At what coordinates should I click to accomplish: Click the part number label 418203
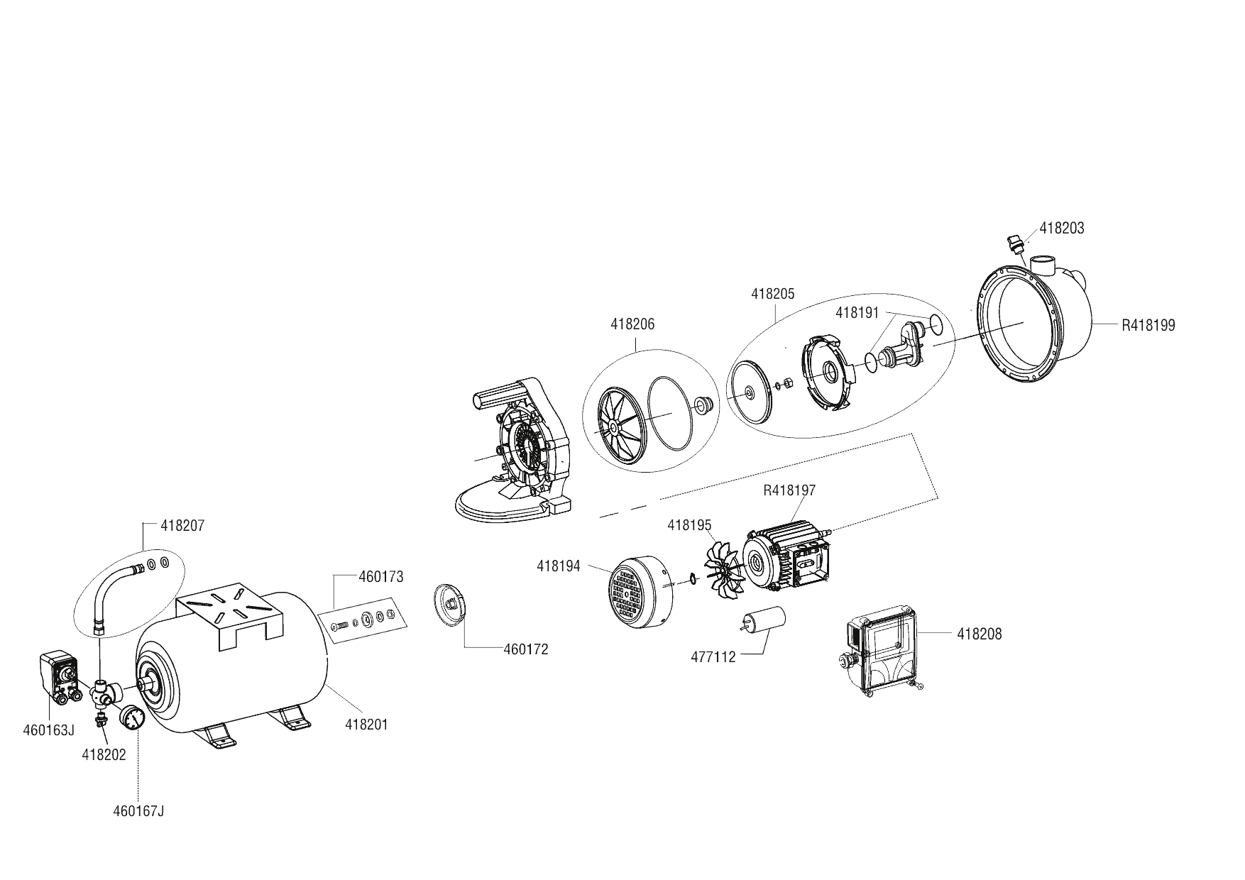coord(1061,229)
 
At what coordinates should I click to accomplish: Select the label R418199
coord(1148,326)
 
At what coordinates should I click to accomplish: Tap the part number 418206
coord(632,324)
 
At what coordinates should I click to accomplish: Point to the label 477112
coord(713,657)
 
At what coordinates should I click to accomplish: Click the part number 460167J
coord(138,811)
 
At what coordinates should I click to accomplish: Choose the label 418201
coord(366,725)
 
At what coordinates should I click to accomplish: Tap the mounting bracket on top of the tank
coord(231,614)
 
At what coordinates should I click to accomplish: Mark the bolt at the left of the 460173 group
coord(338,627)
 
